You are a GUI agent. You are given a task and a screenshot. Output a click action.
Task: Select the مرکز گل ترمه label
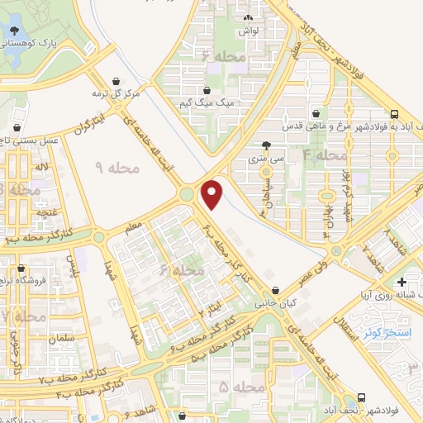click(x=121, y=93)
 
